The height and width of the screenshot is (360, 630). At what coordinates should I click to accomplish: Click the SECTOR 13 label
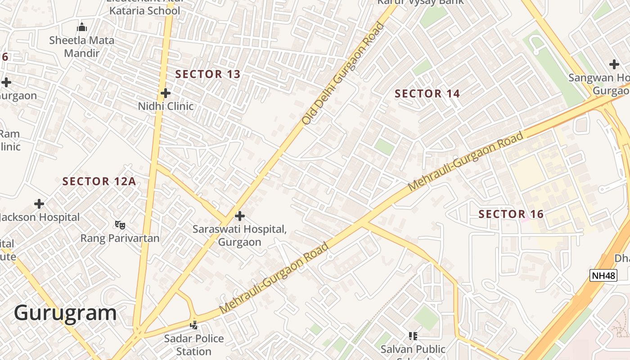208,74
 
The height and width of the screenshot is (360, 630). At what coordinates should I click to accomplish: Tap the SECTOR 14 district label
427,94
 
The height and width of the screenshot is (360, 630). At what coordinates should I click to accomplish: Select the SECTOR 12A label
99,181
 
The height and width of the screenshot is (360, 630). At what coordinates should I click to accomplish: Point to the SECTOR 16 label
511,214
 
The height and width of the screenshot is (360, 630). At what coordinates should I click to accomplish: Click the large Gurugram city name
65,313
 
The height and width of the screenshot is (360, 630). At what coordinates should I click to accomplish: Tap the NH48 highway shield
603,275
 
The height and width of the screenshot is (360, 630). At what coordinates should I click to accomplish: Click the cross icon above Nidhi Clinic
166,93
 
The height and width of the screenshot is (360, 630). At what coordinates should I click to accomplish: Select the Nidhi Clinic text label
166,106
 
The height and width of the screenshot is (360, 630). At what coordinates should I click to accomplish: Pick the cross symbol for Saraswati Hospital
240,216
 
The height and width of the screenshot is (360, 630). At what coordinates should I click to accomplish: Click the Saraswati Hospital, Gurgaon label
239,235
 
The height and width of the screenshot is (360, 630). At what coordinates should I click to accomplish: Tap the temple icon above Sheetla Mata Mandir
81,27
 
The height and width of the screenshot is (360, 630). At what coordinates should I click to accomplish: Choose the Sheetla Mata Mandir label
81,46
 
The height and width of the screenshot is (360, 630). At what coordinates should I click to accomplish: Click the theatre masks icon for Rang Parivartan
120,225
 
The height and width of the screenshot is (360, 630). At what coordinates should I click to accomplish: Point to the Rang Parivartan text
120,238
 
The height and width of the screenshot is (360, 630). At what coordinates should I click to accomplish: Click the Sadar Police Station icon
194,324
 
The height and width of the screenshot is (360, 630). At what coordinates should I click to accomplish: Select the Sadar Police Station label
194,345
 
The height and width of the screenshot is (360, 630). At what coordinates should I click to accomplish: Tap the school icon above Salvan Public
413,336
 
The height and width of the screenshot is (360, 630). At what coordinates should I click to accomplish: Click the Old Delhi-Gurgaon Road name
343,73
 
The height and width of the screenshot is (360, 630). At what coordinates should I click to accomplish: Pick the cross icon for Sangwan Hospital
614,64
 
